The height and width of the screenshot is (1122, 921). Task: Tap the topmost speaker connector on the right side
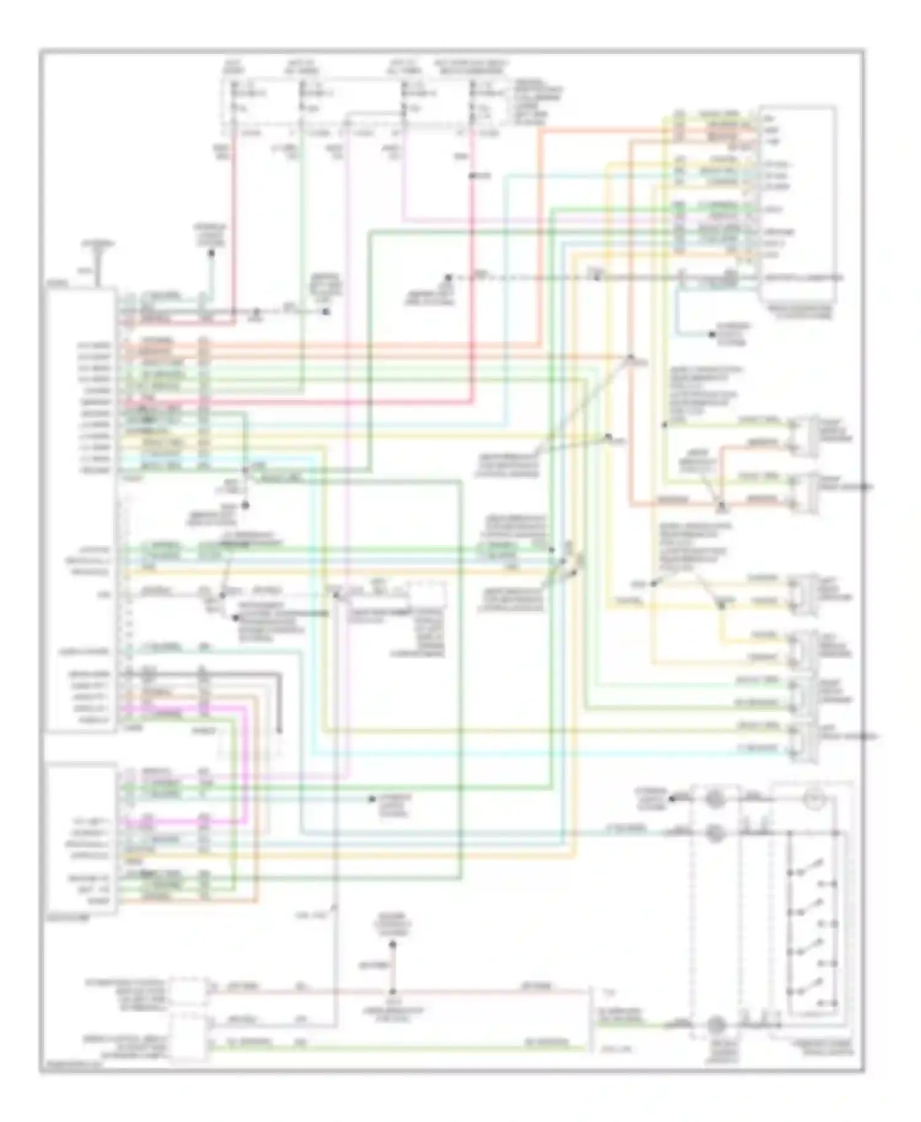pos(804,436)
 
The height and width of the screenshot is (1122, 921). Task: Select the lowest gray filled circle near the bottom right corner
pos(713,1024)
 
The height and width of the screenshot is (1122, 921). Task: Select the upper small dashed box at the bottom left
pos(187,991)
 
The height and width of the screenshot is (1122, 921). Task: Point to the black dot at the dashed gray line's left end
pos(449,278)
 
